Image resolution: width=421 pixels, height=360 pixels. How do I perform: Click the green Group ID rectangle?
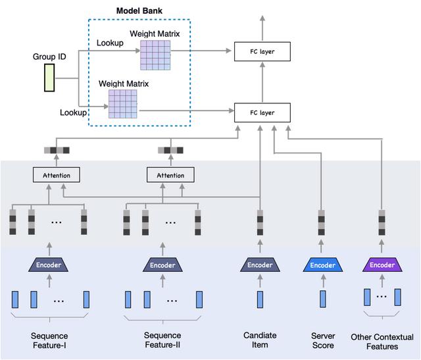pos(49,77)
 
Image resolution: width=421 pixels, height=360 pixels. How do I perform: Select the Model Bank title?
pos(139,11)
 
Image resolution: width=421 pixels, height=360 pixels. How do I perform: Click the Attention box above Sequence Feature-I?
pos(56,175)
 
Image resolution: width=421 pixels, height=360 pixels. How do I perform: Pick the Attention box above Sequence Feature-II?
pos(170,175)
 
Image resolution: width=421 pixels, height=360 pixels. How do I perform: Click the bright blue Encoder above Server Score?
pos(323,265)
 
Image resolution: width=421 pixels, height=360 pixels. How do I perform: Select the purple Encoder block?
pos(382,265)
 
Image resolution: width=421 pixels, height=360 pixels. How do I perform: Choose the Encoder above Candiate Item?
pos(260,265)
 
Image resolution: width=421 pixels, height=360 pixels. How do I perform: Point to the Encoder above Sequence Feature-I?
pos(49,265)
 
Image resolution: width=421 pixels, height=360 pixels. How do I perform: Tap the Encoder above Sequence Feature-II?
pos(162,265)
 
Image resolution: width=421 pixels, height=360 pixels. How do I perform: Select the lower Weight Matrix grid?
pos(122,103)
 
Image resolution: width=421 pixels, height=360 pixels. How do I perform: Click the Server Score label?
pos(323,340)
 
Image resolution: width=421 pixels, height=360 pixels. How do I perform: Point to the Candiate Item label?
pos(260,340)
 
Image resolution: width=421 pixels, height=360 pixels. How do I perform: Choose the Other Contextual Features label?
pos(383,341)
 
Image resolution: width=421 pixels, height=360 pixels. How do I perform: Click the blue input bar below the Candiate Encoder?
pos(260,299)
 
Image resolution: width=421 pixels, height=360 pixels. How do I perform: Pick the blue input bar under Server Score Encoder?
pos(323,299)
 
